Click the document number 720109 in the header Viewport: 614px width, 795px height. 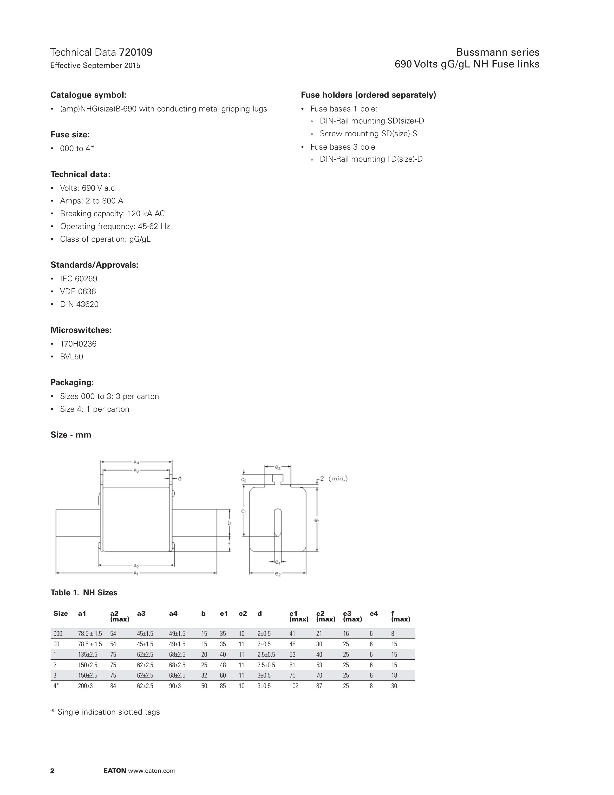click(136, 53)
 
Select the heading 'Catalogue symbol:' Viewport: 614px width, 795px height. click(88, 95)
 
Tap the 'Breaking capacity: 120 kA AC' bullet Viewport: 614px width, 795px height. click(112, 214)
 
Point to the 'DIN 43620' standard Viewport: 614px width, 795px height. click(79, 304)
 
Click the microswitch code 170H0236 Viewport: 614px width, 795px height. click(78, 344)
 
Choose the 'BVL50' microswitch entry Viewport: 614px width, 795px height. click(72, 357)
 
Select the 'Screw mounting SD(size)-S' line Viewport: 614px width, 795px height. click(368, 134)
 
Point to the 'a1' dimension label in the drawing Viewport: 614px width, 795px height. click(136, 573)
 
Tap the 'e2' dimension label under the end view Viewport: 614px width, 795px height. click(278, 574)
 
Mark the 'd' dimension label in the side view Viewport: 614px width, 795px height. click(179, 478)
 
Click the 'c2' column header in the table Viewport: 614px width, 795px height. click(243, 614)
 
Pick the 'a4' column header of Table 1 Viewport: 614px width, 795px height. click(173, 614)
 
